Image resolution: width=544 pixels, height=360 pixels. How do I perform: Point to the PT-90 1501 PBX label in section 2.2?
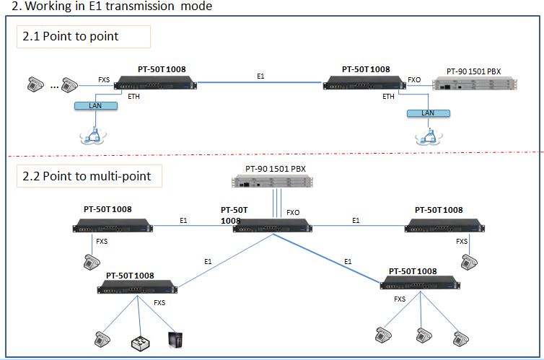coord(276,169)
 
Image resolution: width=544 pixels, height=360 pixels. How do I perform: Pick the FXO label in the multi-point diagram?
coord(293,213)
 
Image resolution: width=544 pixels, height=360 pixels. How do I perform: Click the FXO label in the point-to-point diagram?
coord(413,79)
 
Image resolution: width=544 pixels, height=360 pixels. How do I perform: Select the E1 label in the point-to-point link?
coord(261,75)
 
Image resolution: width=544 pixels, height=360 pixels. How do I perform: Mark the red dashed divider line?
coord(274,154)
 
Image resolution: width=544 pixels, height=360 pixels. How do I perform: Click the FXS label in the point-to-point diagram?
coord(104,80)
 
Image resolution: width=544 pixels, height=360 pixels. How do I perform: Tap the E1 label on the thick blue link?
coord(348,260)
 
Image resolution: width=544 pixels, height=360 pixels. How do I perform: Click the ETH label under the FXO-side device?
coord(388,96)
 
